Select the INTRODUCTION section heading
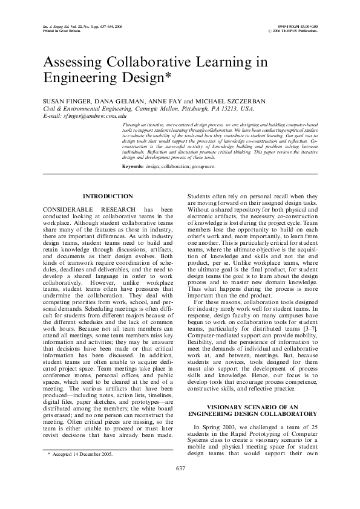point(108,196)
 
